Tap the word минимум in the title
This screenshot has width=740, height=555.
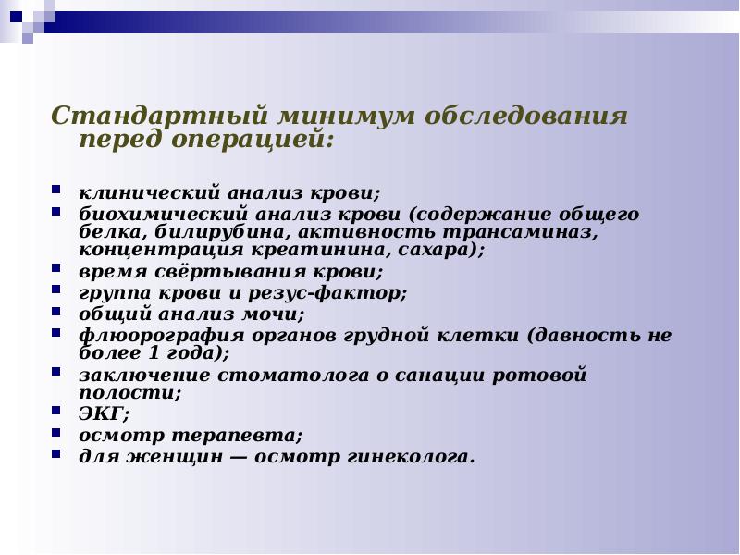(x=341, y=117)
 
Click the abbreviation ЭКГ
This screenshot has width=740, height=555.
(x=97, y=413)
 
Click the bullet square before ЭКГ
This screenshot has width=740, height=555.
(x=56, y=412)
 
